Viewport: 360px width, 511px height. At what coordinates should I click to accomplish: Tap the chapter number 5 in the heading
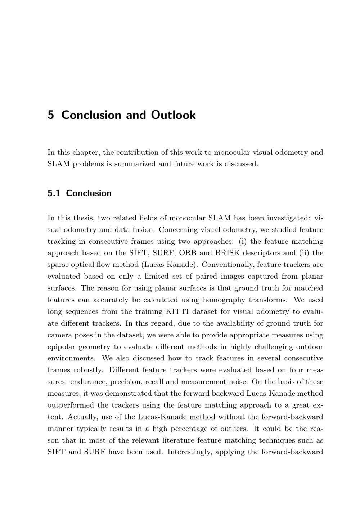pyautogui.click(x=51, y=115)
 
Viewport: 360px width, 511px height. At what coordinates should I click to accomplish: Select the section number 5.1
pyautogui.click(x=54, y=193)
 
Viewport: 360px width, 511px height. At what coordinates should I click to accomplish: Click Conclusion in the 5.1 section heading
pyautogui.click(x=89, y=193)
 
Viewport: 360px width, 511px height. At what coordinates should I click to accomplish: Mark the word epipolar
pyautogui.click(x=61, y=347)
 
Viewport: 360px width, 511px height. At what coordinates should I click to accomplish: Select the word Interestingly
pyautogui.click(x=189, y=452)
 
